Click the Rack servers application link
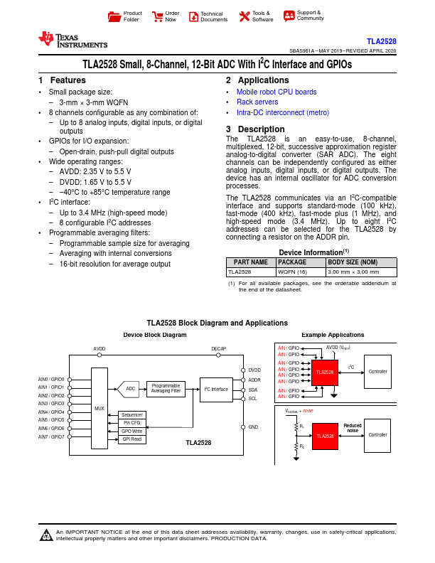point(257,102)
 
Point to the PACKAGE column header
point(291,262)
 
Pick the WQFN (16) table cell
point(291,272)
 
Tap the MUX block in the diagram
point(99,409)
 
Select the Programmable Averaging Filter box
point(166,388)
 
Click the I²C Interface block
point(216,389)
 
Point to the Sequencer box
point(131,414)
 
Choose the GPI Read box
point(131,439)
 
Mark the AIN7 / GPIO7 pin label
point(51,437)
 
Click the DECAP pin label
point(219,349)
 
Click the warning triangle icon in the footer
point(46,535)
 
